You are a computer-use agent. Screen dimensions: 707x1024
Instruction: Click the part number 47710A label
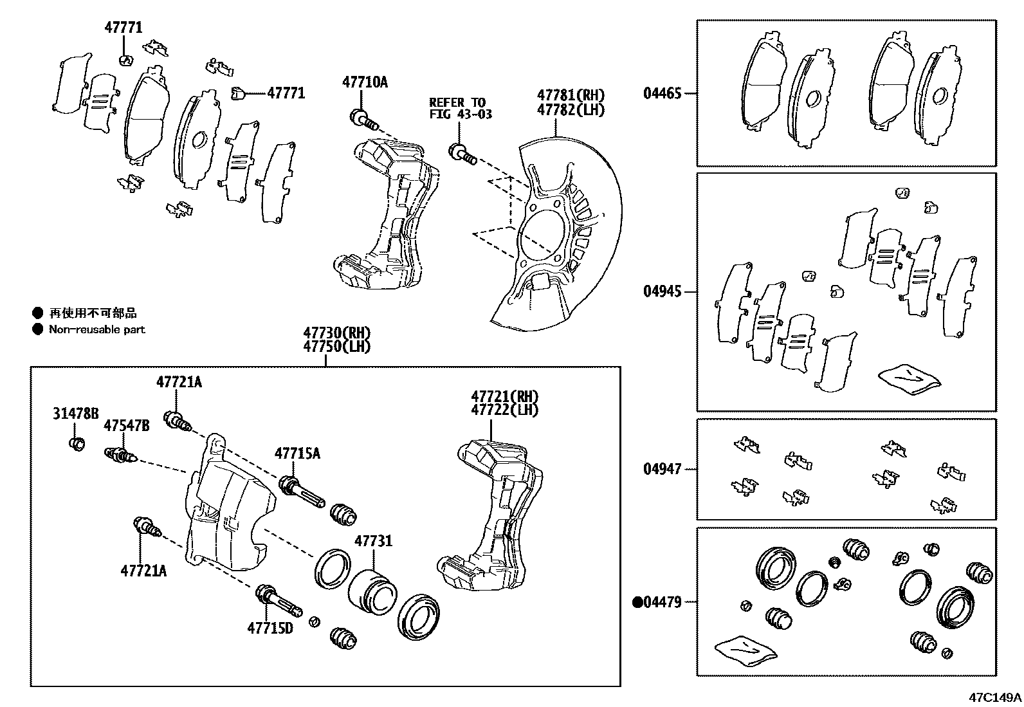pyautogui.click(x=365, y=82)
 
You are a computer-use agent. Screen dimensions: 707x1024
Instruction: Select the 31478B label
pyautogui.click(x=75, y=414)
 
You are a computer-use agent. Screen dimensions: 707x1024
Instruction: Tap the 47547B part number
pyautogui.click(x=127, y=425)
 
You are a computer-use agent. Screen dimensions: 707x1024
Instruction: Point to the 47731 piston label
pyautogui.click(x=374, y=541)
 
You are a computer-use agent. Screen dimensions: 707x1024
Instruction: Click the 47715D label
pyautogui.click(x=270, y=628)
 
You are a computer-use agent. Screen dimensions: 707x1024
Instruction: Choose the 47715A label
pyautogui.click(x=297, y=454)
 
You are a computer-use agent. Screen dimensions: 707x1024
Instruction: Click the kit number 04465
pyautogui.click(x=662, y=93)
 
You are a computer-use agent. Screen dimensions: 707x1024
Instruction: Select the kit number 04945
pyautogui.click(x=662, y=291)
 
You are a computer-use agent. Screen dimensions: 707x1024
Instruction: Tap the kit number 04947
pyautogui.click(x=662, y=469)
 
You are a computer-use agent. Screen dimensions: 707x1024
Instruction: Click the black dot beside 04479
pyautogui.click(x=637, y=603)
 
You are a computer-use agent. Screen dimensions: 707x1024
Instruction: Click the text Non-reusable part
pyautogui.click(x=97, y=329)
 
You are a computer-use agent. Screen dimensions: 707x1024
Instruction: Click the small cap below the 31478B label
pyautogui.click(x=77, y=444)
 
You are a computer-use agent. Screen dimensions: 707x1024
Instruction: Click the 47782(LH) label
pyautogui.click(x=571, y=110)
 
